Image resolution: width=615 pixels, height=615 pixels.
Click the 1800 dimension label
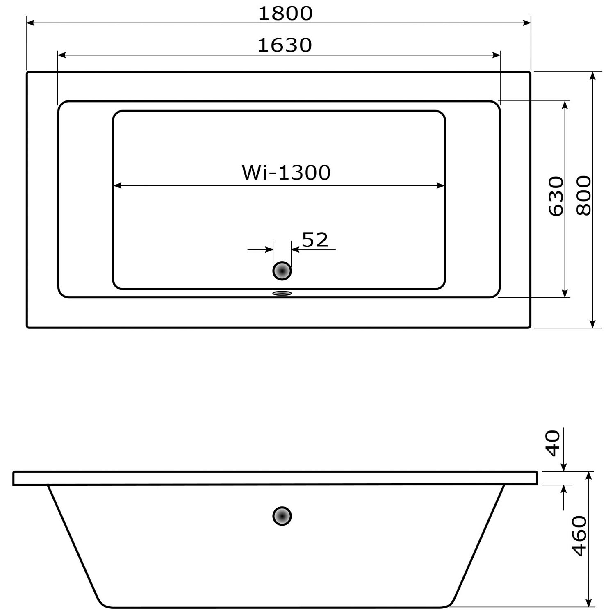285,13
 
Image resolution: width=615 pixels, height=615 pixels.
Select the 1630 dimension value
285,45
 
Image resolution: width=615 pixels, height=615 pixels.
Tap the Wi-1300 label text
286,173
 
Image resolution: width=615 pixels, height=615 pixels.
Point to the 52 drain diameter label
315,240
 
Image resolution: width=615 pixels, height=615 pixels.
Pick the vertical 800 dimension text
584,196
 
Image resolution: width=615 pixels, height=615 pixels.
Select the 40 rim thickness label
553,443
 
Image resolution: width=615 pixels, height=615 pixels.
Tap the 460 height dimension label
579,536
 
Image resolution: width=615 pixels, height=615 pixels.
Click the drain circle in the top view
282,271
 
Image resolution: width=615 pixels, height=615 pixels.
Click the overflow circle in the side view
282,516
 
